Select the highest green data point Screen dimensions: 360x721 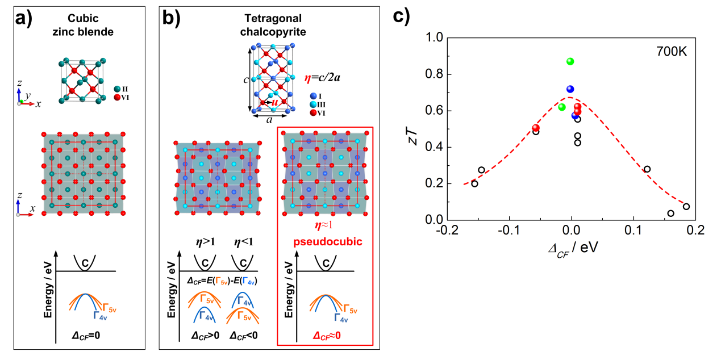tap(570, 61)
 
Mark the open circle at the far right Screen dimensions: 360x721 tap(686, 207)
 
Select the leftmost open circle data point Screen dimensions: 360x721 tap(474, 183)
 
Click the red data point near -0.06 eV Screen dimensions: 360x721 tap(535, 128)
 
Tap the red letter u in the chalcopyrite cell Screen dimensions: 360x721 tap(275, 102)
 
